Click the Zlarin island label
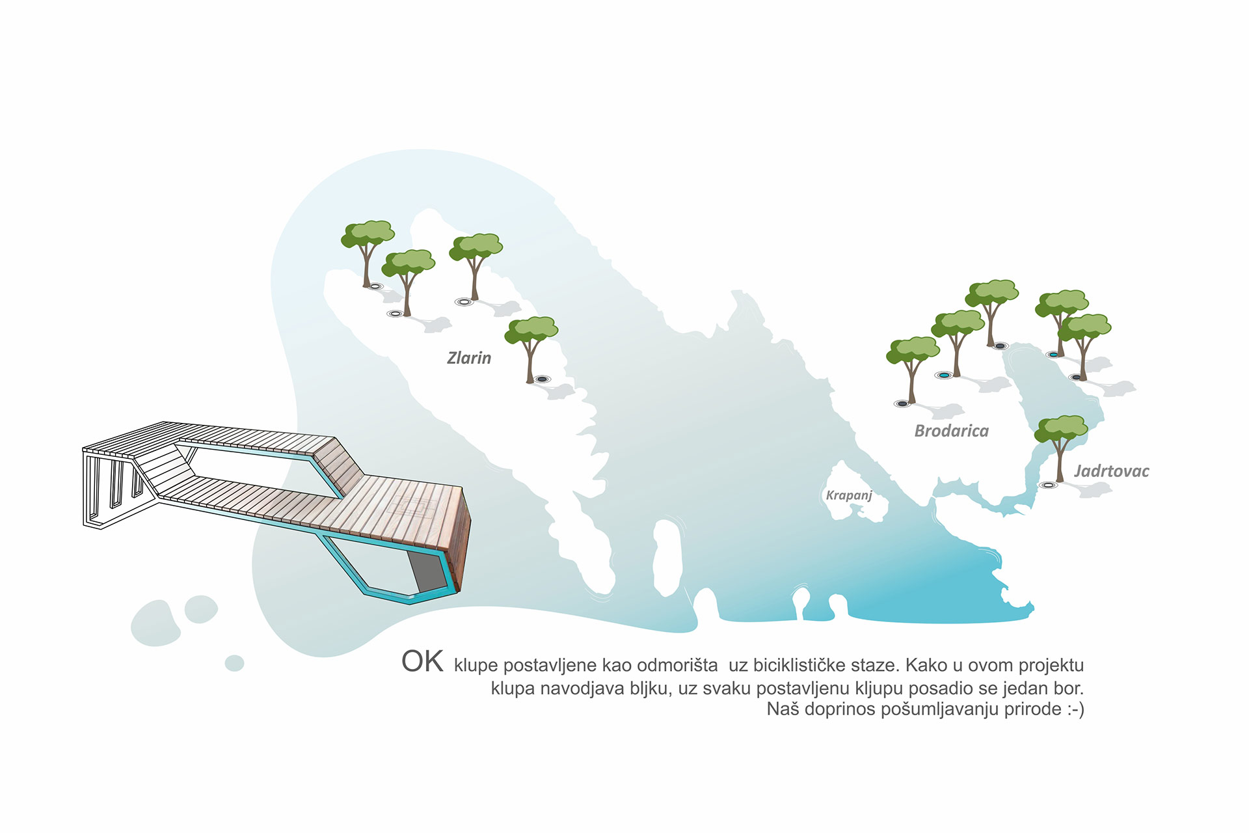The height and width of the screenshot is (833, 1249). [469, 358]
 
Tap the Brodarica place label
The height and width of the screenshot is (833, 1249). [951, 431]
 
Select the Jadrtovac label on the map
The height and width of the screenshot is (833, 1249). [1111, 471]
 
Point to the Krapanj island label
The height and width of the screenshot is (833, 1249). [849, 495]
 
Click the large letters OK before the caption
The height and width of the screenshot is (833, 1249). [422, 661]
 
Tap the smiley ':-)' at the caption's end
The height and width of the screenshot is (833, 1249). [1076, 709]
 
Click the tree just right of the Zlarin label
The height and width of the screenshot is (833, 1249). [531, 349]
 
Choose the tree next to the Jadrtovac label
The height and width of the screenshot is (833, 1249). [1061, 448]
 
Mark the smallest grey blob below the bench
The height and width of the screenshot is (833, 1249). [234, 663]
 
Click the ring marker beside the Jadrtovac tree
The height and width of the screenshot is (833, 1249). [1047, 485]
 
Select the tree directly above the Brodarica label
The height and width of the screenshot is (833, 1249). [957, 342]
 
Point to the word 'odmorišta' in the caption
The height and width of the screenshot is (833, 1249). [677, 665]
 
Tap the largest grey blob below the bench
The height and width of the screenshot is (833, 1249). [155, 623]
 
